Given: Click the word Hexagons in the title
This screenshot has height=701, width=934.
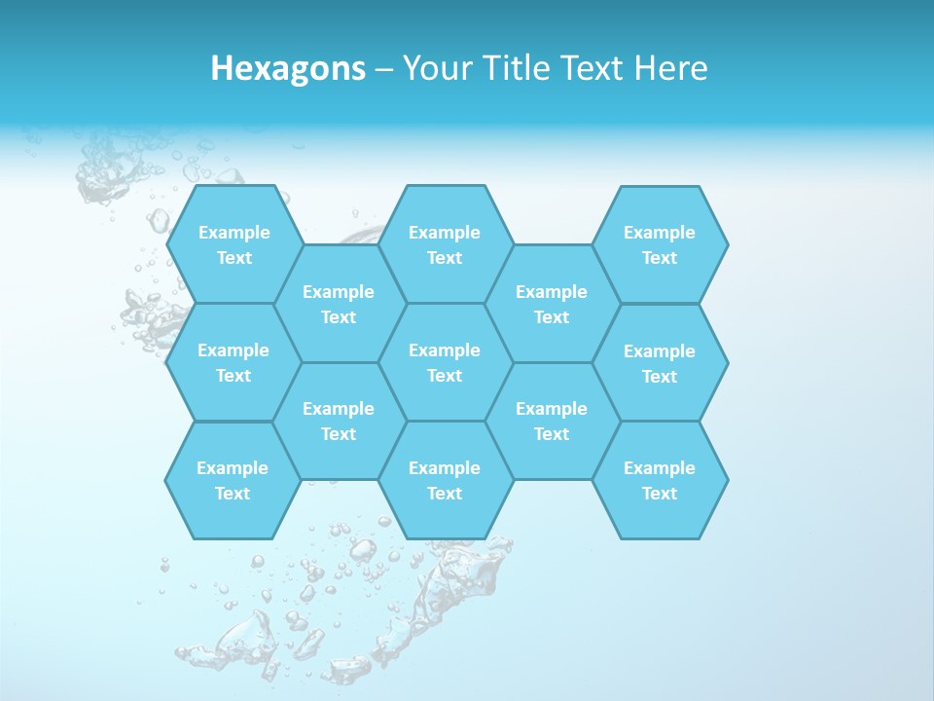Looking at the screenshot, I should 288,68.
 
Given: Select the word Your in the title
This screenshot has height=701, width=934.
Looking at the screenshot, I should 432,68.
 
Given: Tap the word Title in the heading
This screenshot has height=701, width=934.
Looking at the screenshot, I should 513,68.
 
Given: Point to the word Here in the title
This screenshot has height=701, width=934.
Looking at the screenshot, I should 670,68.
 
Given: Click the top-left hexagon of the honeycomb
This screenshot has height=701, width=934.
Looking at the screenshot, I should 233,244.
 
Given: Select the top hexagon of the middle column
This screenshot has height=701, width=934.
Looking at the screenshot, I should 445,244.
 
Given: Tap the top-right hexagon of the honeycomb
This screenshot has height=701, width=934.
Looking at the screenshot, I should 660,244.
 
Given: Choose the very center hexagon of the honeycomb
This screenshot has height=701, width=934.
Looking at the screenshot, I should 445,362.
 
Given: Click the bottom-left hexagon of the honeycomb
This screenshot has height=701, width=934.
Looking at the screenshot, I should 233,480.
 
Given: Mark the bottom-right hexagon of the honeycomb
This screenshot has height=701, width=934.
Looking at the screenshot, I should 660,480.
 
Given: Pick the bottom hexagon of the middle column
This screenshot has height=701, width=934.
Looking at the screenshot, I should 445,480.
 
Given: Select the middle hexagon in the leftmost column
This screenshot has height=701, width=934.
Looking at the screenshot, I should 233,362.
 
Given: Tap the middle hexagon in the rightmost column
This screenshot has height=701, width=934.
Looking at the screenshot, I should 660,363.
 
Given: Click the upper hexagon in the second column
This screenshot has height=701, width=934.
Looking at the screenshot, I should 339,304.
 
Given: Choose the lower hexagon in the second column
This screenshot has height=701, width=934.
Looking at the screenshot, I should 339,421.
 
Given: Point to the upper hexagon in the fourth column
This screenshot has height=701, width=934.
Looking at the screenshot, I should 552,304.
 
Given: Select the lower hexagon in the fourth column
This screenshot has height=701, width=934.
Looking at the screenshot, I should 552,421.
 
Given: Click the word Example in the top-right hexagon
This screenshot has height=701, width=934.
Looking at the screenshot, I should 660,233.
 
